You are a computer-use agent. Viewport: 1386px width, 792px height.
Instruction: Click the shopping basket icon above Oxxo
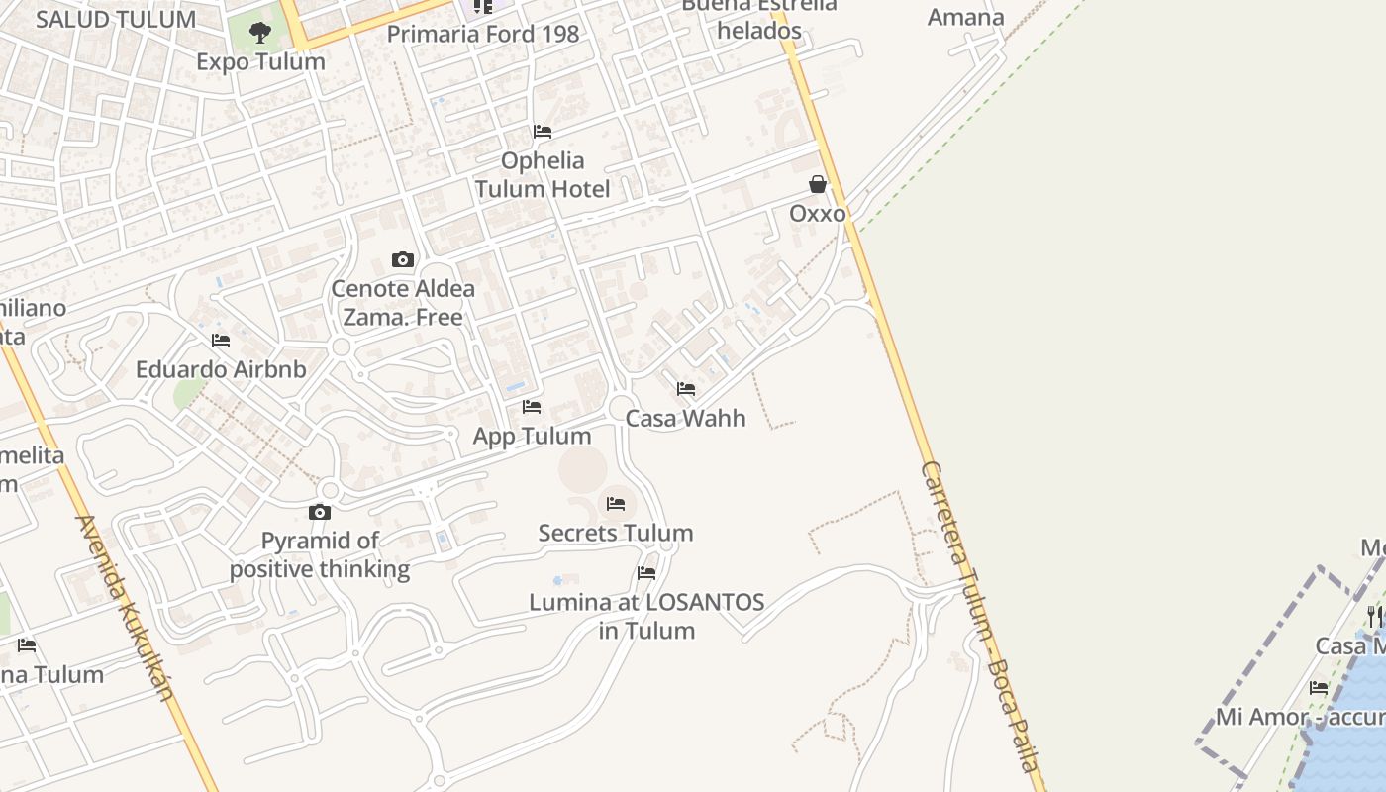click(x=818, y=184)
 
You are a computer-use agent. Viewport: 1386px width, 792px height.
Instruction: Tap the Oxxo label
click(x=818, y=213)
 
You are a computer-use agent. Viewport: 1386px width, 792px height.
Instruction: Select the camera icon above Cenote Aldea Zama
click(x=403, y=260)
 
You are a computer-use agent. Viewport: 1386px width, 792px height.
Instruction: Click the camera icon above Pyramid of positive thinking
click(x=319, y=512)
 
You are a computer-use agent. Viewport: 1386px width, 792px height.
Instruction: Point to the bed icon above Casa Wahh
click(x=686, y=389)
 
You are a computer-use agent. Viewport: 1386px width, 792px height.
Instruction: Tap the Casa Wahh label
click(x=686, y=418)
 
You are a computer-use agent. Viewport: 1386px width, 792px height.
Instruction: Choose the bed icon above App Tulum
click(x=532, y=407)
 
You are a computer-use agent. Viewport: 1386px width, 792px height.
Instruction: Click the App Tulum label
click(x=532, y=436)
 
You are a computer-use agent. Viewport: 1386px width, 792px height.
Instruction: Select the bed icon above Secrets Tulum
click(x=616, y=504)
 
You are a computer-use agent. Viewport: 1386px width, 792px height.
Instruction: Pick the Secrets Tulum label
click(x=616, y=533)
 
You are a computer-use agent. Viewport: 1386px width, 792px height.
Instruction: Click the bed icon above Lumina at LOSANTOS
click(x=646, y=573)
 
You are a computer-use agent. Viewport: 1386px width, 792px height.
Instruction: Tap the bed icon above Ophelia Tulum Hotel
click(x=543, y=132)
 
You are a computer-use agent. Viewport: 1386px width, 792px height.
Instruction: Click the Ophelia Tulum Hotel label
click(x=543, y=174)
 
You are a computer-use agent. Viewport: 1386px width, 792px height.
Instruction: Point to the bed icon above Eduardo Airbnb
click(x=221, y=341)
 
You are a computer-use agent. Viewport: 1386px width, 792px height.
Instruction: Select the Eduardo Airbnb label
click(x=221, y=369)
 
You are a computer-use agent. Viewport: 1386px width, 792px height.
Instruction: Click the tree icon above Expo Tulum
click(x=260, y=33)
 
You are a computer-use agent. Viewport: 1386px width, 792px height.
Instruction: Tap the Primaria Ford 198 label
click(x=483, y=34)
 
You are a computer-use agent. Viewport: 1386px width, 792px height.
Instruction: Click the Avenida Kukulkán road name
click(x=126, y=608)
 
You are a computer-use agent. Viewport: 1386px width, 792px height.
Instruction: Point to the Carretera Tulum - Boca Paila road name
click(x=980, y=614)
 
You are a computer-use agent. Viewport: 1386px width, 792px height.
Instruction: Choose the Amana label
click(x=965, y=17)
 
